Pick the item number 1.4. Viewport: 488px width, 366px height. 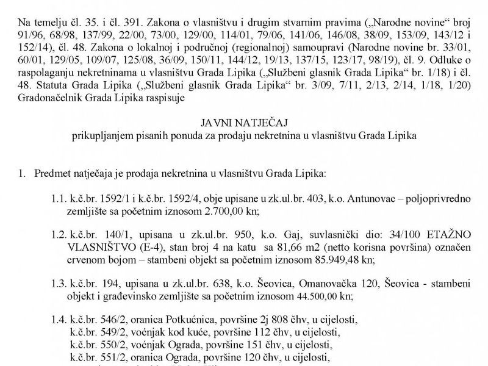point(59,318)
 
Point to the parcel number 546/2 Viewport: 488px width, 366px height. point(104,318)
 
